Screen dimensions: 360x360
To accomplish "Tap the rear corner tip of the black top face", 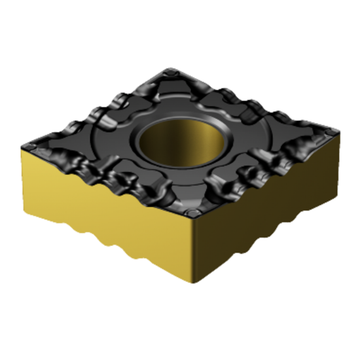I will click(171, 69).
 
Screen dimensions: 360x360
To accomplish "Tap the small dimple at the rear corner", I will click(171, 77).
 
